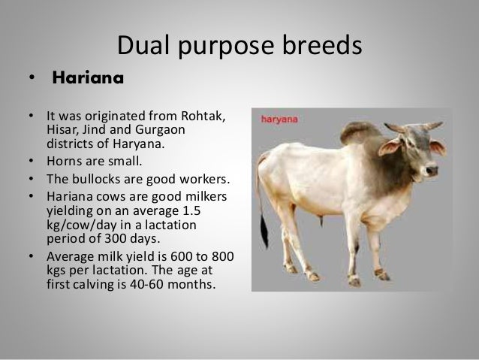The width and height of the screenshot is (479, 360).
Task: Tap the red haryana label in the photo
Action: point(278,118)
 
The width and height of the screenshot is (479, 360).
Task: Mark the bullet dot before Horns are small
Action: point(31,161)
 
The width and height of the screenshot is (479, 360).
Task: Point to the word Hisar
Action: point(62,130)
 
